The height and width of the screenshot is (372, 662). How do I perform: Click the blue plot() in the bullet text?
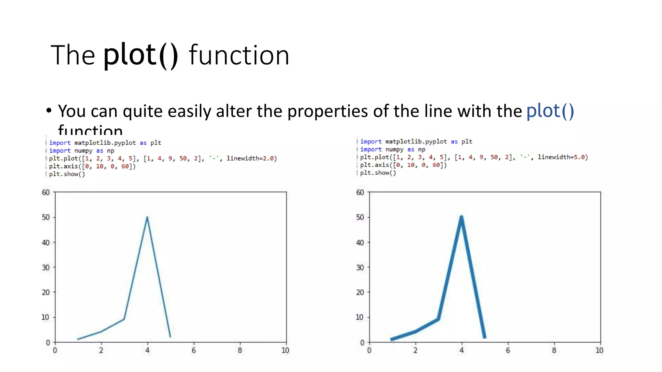coord(550,111)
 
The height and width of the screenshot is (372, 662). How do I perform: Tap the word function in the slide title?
coord(239,56)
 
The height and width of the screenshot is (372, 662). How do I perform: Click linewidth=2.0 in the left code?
coord(251,159)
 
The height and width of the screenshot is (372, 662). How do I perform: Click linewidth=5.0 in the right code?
coord(562,157)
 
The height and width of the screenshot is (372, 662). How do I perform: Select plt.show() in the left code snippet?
coord(67,174)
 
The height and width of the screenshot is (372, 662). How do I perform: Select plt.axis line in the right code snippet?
coord(403,165)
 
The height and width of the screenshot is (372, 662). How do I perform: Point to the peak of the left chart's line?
coord(147,217)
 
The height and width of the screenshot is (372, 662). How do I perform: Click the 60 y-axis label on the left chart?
coord(46,192)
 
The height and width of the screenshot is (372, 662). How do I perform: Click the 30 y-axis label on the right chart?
coord(360,267)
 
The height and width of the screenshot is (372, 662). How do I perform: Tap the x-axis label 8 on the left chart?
coord(240,350)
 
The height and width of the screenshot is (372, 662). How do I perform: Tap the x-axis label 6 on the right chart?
coord(508,350)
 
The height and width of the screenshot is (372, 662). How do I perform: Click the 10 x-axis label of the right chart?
coord(599,350)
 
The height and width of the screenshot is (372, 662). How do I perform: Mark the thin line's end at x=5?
coord(170,337)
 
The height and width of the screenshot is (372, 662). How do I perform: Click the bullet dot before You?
coord(49,110)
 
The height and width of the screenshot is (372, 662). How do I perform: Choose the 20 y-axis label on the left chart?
coord(46,292)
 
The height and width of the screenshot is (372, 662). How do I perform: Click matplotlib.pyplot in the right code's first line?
coord(416,141)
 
